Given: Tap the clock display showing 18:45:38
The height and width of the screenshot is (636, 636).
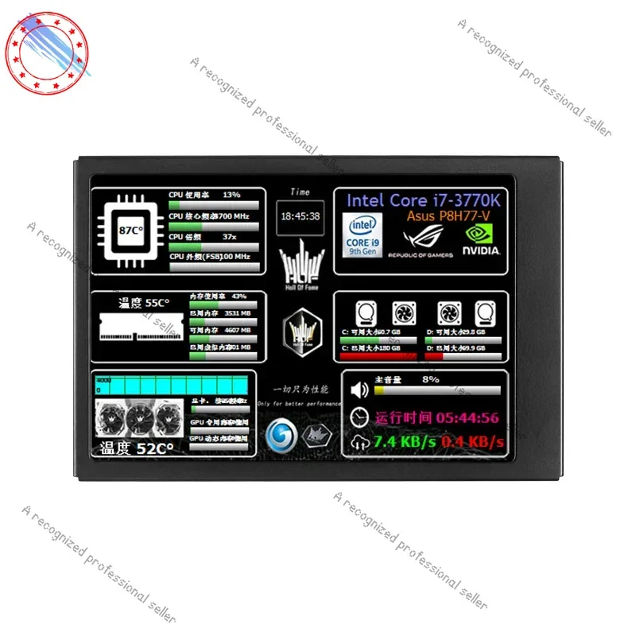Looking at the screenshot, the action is pyautogui.click(x=301, y=215).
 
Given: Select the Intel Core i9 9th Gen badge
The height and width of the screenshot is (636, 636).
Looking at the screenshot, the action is pyautogui.click(x=363, y=235).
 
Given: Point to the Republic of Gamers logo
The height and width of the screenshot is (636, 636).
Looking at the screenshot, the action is pyautogui.click(x=420, y=238).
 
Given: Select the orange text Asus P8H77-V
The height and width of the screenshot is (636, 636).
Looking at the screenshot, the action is pyautogui.click(x=450, y=216).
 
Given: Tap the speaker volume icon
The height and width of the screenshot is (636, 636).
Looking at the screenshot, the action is pyautogui.click(x=360, y=390).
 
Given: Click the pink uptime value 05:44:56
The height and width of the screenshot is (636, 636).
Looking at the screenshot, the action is pyautogui.click(x=468, y=417).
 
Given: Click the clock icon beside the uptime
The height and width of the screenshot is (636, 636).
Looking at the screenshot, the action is pyautogui.click(x=360, y=417).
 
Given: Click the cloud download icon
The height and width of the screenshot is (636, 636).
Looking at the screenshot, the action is pyautogui.click(x=360, y=442).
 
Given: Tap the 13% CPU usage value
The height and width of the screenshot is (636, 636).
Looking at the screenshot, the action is pyautogui.click(x=231, y=195).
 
